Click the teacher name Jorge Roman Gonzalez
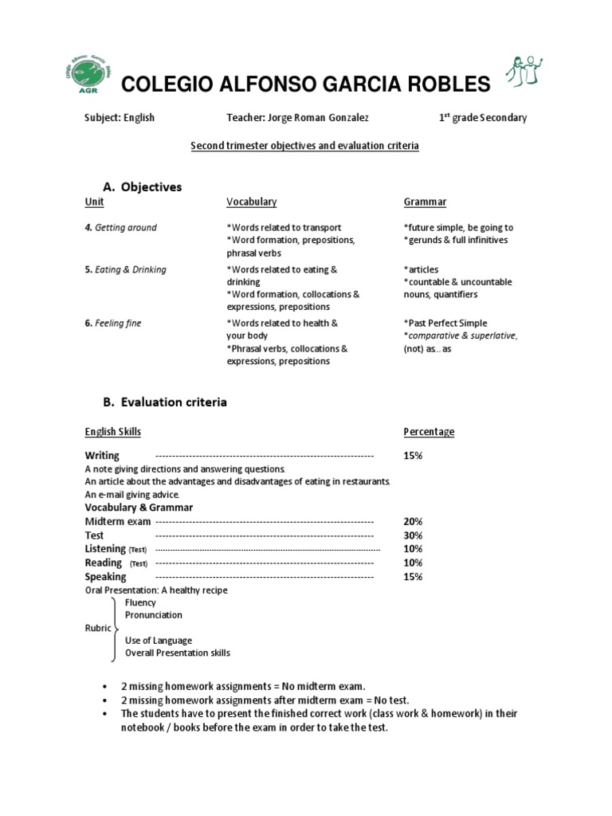click(297, 118)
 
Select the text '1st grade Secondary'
click(483, 117)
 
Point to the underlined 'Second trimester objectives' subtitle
click(304, 147)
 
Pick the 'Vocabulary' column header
click(252, 202)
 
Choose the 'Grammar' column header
click(425, 202)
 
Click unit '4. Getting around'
click(121, 228)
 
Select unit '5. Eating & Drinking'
click(126, 269)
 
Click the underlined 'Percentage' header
click(429, 432)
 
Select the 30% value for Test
click(413, 535)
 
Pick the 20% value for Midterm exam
click(413, 521)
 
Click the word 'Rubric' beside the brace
click(98, 628)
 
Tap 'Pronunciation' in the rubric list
click(154, 615)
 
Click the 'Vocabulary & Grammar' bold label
click(139, 508)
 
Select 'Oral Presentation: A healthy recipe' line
click(156, 590)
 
